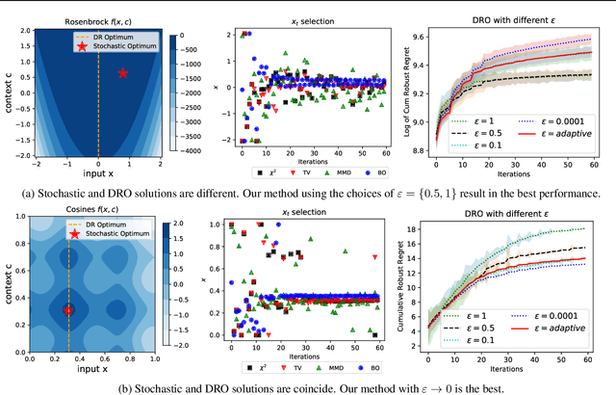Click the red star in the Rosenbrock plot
click(122, 73)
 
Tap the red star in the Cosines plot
click(68, 310)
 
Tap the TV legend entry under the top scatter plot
click(305, 172)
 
